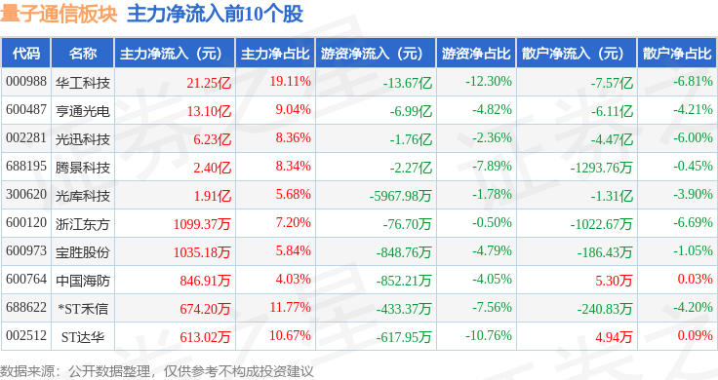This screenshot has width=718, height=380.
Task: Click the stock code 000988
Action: (x=26, y=82)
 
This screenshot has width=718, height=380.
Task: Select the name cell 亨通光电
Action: (x=83, y=111)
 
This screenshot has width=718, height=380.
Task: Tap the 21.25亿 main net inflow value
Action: (x=209, y=83)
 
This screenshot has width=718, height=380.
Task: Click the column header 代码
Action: (x=26, y=54)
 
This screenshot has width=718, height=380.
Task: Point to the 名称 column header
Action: (x=83, y=54)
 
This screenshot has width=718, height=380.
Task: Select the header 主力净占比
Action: (x=275, y=54)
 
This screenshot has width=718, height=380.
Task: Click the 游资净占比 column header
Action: (x=476, y=54)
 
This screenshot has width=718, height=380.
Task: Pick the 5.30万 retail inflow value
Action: (x=614, y=281)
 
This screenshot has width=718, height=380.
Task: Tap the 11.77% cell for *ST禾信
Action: (x=291, y=307)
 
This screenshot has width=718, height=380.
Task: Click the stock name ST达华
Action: (x=83, y=337)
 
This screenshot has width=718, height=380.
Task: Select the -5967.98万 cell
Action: (x=401, y=196)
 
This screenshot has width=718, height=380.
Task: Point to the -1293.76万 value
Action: (x=602, y=168)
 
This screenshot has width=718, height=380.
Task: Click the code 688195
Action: (x=26, y=166)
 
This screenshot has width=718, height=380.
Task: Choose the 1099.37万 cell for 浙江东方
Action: (x=202, y=224)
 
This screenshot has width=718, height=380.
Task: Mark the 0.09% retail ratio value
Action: (x=696, y=335)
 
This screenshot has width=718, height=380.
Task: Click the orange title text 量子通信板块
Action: (x=60, y=14)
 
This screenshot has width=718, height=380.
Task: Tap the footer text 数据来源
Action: (x=27, y=371)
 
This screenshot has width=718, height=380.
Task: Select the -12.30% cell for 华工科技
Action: (x=489, y=82)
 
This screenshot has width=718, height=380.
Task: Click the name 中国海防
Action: (x=83, y=281)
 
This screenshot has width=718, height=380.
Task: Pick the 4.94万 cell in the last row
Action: (x=614, y=337)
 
